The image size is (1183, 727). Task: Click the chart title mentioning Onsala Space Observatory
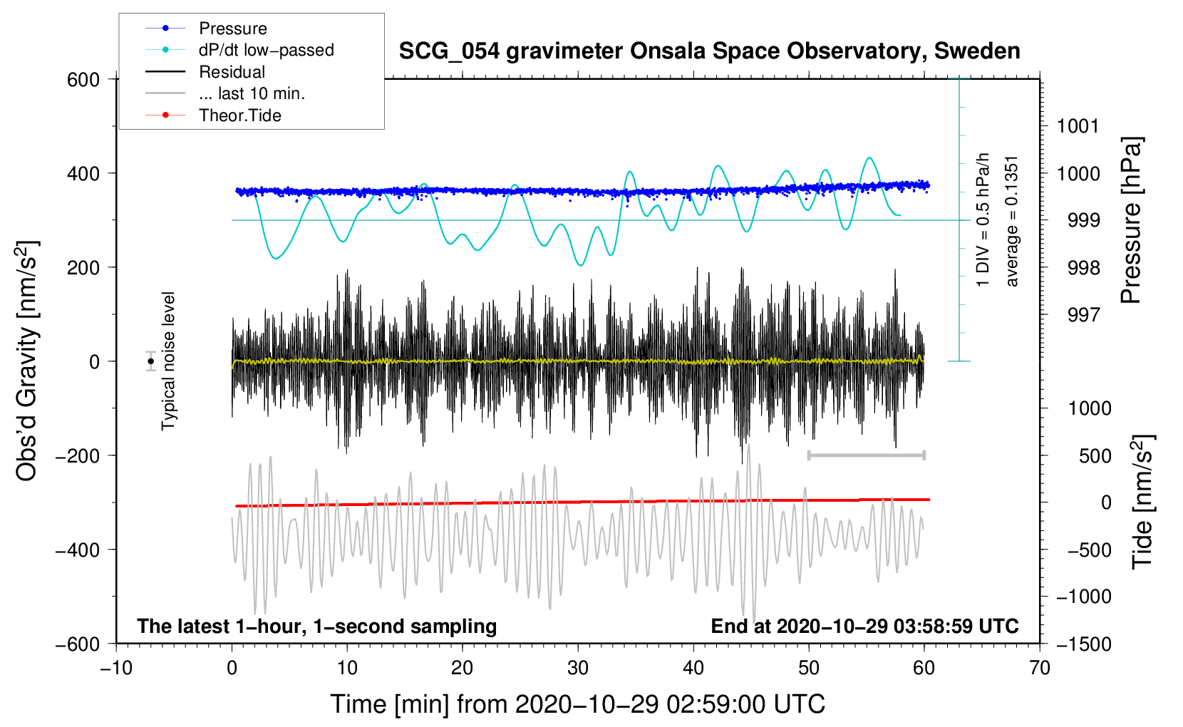click(709, 51)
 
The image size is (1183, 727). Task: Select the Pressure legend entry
click(232, 29)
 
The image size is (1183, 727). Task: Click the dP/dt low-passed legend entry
click(266, 50)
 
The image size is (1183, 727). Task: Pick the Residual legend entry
click(232, 72)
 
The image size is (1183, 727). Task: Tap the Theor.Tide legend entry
click(239, 115)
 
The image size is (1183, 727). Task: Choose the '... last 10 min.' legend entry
click(252, 93)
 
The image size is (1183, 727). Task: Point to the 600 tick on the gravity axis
click(83, 79)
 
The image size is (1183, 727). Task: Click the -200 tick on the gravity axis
click(78, 455)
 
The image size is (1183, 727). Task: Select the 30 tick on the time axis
click(578, 668)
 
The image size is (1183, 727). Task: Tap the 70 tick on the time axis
click(1040, 668)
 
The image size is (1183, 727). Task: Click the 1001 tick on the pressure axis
click(1078, 126)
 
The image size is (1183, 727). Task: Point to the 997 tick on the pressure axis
click(1083, 314)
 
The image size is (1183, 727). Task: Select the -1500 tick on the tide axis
click(1084, 644)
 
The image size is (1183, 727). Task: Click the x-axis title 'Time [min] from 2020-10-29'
click(578, 704)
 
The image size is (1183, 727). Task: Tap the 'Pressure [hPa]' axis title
click(1131, 220)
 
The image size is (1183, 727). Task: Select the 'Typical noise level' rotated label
click(168, 361)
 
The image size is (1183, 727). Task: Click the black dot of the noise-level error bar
click(151, 361)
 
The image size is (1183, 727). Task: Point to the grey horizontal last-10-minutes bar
click(867, 455)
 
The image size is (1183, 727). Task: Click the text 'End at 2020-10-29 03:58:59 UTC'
click(864, 626)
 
